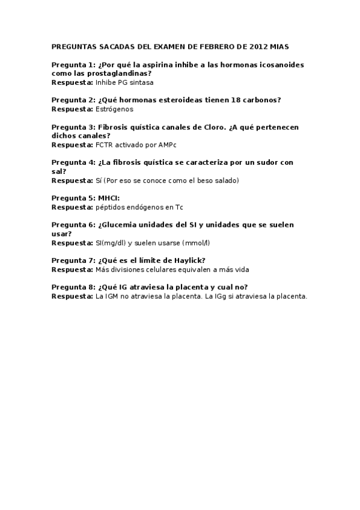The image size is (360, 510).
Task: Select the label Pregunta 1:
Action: tap(73, 64)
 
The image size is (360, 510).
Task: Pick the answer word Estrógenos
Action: tap(114, 109)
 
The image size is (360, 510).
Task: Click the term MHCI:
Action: tap(109, 198)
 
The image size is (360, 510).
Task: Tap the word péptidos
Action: tap(109, 207)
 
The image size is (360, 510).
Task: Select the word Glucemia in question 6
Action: tap(120, 225)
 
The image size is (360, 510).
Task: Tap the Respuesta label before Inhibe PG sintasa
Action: tap(72, 82)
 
